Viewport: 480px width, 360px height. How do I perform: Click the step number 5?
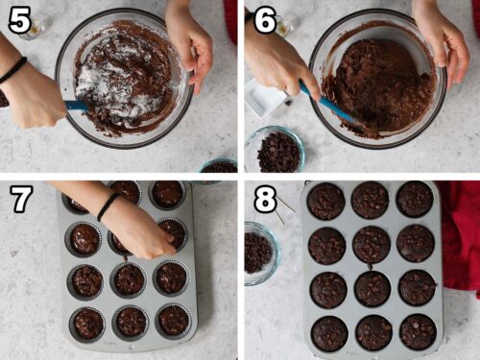[x=19, y=20]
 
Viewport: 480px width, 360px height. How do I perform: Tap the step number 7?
[x=19, y=200]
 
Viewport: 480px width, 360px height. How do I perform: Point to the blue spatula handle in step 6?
[x=326, y=102]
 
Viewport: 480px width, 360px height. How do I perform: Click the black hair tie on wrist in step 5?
[x=13, y=70]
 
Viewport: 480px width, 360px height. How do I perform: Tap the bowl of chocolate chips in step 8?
[x=259, y=252]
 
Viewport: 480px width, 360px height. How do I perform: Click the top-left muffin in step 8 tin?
[x=326, y=201]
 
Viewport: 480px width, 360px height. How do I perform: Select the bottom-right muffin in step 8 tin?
[x=417, y=332]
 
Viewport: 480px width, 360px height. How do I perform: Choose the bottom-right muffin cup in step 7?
[x=173, y=320]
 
